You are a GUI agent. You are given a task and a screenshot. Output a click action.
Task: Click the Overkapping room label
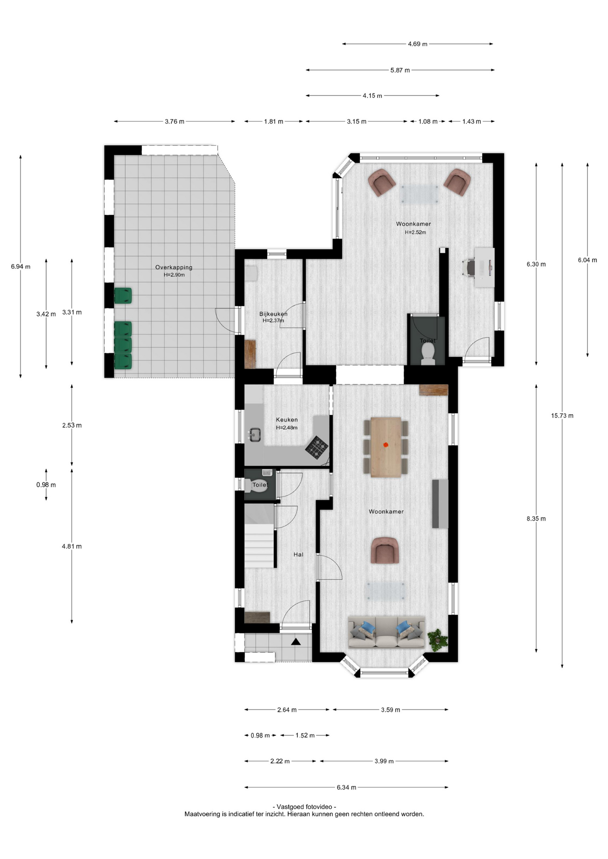point(174,267)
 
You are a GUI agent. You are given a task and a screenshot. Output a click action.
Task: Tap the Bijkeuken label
point(274,314)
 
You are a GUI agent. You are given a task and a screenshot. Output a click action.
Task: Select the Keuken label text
point(287,420)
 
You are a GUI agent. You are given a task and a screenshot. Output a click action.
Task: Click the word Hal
point(298,554)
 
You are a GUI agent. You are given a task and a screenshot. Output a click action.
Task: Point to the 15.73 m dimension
point(562,416)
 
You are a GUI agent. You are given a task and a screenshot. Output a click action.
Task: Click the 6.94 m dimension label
point(21,267)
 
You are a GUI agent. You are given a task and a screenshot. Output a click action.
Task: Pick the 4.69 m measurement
point(417,44)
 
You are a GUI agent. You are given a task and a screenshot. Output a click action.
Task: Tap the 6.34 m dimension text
point(346,787)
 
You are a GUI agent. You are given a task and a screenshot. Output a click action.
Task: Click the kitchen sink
point(255,434)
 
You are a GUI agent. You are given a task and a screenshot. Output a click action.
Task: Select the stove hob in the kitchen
point(317,447)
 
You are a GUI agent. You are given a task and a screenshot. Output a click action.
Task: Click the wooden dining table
point(385,447)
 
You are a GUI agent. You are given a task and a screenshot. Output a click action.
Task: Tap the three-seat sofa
point(386,632)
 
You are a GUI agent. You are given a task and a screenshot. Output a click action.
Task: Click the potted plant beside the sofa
point(437,638)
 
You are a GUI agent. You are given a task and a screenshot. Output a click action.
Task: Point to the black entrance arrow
point(296,642)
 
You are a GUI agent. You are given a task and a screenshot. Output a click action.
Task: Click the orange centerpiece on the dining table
point(385,445)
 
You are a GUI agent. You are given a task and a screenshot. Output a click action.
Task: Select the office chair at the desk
point(469,268)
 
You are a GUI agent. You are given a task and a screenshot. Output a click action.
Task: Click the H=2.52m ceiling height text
point(415,232)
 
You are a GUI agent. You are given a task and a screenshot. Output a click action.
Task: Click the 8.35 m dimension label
point(536,519)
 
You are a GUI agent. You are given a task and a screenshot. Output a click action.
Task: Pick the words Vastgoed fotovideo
point(304,807)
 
